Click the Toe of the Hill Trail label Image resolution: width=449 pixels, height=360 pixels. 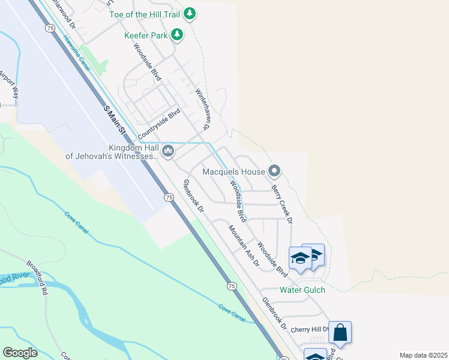click(149, 13)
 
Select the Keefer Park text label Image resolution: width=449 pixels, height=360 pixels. click(145, 35)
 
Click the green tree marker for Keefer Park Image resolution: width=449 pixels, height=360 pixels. click(176, 35)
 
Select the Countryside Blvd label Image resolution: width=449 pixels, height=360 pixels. click(158, 122)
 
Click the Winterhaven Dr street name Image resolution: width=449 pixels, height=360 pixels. click(202, 110)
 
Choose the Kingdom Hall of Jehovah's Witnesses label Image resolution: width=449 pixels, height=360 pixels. click(112, 152)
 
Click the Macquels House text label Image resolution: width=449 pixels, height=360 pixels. click(234, 172)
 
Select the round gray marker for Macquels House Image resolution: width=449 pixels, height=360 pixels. click(274, 172)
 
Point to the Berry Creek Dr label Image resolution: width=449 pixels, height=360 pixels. click(282, 204)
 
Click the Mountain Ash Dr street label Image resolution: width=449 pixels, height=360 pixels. click(243, 245)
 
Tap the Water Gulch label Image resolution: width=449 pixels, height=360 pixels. click(303, 290)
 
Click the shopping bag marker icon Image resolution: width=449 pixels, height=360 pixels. click(340, 332)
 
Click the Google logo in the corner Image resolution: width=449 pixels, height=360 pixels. click(20, 352)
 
